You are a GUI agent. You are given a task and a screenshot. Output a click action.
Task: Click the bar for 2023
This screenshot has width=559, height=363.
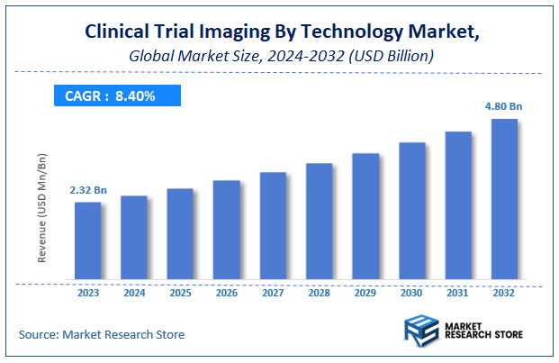pyautogui.click(x=87, y=241)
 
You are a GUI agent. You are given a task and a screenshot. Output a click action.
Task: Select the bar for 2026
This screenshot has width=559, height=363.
pyautogui.click(x=226, y=231)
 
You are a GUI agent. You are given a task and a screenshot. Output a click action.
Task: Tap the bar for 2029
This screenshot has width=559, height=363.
pyautogui.click(x=365, y=217)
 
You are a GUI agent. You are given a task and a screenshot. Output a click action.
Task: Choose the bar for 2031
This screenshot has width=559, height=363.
pyautogui.click(x=458, y=206)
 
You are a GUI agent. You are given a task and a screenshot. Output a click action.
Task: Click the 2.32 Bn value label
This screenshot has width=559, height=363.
pyautogui.click(x=87, y=191)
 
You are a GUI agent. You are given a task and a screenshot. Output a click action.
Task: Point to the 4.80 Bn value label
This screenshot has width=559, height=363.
pyautogui.click(x=504, y=106)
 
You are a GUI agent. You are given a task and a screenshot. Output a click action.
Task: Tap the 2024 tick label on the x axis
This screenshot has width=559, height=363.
pyautogui.click(x=133, y=293)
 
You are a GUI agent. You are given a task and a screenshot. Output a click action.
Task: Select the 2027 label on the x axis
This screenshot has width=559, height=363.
pyautogui.click(x=273, y=293)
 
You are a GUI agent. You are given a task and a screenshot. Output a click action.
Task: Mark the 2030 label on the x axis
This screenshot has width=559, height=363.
pyautogui.click(x=411, y=293)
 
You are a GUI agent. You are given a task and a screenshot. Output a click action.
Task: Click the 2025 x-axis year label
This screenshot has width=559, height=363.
pyautogui.click(x=180, y=293)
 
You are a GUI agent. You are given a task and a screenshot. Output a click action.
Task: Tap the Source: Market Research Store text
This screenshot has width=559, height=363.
pyautogui.click(x=101, y=334)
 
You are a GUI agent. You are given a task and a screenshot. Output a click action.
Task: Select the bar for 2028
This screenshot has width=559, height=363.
pyautogui.click(x=319, y=222)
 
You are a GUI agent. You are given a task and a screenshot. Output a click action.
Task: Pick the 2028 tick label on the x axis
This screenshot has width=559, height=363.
pyautogui.click(x=319, y=293)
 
